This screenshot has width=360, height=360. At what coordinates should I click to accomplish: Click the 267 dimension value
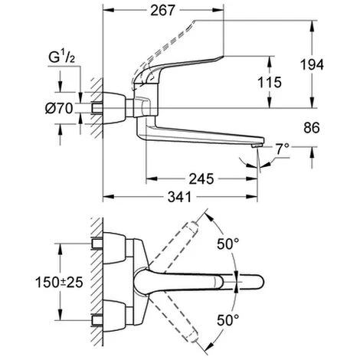click(162, 11)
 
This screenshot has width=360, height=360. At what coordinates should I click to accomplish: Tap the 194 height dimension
click(312, 64)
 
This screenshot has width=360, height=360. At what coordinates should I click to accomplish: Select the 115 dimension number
click(270, 82)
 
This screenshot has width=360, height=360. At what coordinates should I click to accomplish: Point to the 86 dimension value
click(312, 128)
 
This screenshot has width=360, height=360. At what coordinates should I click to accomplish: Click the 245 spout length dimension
click(201, 178)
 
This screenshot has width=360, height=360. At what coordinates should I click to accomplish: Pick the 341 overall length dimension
click(179, 197)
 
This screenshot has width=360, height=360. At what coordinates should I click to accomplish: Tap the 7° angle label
click(282, 149)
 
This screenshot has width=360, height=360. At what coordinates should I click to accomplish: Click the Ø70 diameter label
click(59, 109)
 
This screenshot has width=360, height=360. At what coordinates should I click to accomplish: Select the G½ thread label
click(61, 57)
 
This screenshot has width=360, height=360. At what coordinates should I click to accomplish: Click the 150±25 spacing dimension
click(59, 283)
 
